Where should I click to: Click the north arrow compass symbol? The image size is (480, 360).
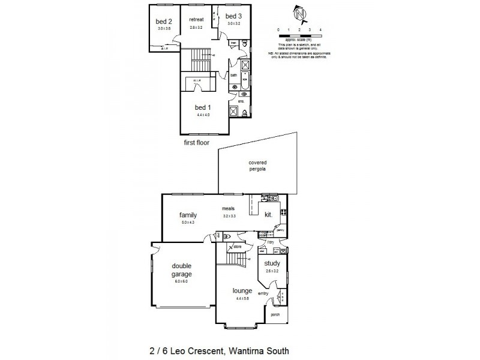[x=299, y=13]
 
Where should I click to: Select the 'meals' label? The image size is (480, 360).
[x=227, y=209]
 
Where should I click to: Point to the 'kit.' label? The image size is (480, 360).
[x=268, y=214]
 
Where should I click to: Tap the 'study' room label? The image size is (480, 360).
[x=272, y=263]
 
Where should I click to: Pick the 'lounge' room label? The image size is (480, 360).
[x=242, y=291]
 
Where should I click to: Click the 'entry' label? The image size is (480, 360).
[x=263, y=293]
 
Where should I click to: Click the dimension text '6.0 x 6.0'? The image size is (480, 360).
[x=181, y=281]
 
